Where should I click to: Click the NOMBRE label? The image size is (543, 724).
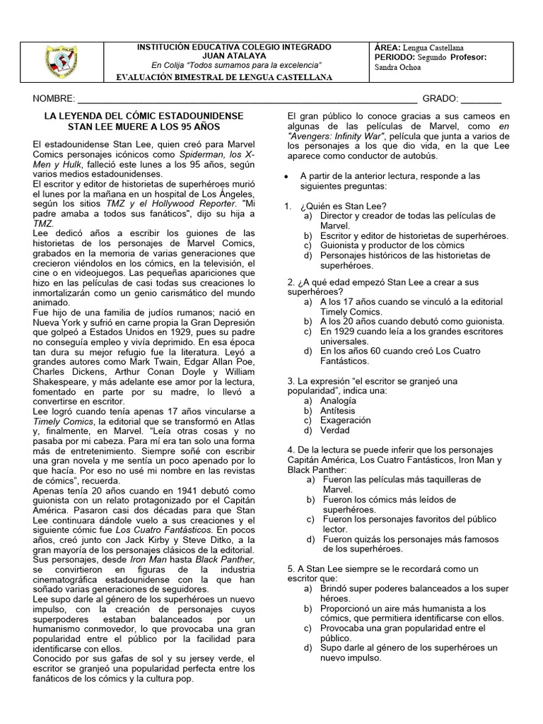[x=53, y=98]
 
